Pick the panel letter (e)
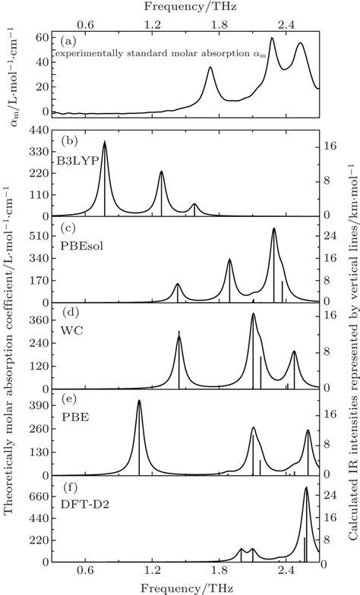67,403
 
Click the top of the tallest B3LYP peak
104,142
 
